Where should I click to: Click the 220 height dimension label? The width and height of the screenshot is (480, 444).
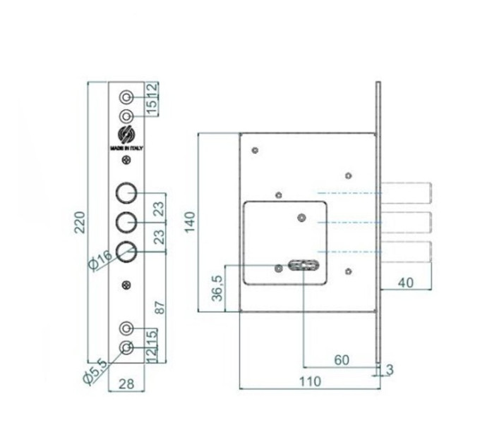point(80,222)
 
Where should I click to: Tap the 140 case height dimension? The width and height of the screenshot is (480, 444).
point(190,222)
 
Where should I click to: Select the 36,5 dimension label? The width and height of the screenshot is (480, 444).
point(218,288)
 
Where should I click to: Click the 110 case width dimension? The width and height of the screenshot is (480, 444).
point(310,381)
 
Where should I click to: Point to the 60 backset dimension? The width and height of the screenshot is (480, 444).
point(342,360)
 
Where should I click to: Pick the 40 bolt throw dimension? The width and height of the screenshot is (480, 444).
point(406,283)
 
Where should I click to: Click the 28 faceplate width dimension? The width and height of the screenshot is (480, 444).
point(126,384)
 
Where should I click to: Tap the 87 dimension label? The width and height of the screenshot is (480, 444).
point(160,307)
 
